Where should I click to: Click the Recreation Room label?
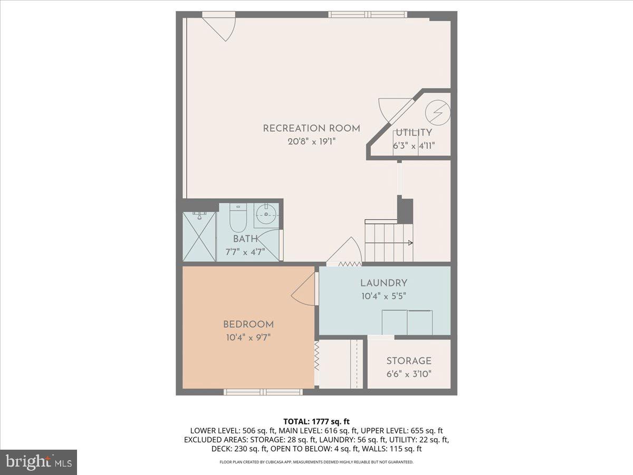tap(311, 128)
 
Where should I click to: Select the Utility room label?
tap(414, 133)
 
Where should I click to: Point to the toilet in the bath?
tap(237, 220)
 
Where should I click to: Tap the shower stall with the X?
tap(199, 236)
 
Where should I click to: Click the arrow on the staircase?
tap(409, 243)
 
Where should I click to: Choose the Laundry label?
tap(383, 283)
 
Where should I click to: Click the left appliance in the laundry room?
tap(394, 322)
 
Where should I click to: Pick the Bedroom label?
tap(248, 325)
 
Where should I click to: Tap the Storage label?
tap(409, 361)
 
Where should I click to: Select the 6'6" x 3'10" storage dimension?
tap(409, 374)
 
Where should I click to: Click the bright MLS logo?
tap(39, 462)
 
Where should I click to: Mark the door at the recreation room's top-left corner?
tap(219, 28)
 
